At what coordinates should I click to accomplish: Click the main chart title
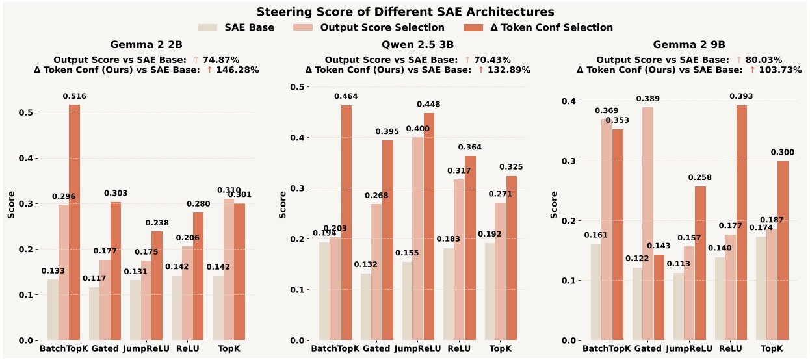(x=405, y=12)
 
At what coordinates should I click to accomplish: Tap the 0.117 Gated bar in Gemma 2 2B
(x=94, y=314)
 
